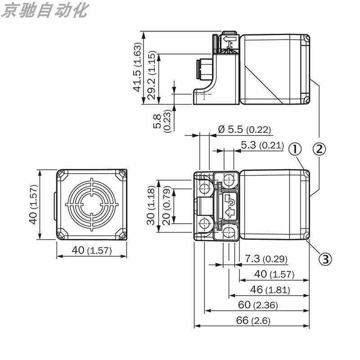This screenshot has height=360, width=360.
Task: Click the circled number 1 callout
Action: [295, 149]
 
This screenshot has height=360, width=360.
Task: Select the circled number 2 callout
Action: [319, 149]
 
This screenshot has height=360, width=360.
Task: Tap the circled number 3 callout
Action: [325, 259]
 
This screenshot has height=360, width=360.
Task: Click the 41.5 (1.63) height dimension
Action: [137, 67]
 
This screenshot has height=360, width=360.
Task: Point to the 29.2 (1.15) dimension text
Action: [152, 75]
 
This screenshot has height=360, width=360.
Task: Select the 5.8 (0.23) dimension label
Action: [162, 121]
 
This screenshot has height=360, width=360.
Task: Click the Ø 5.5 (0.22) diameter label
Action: [244, 130]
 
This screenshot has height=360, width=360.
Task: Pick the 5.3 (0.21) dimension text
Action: [262, 145]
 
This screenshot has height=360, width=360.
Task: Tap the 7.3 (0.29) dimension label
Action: [266, 259]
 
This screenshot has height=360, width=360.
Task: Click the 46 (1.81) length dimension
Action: [270, 290]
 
